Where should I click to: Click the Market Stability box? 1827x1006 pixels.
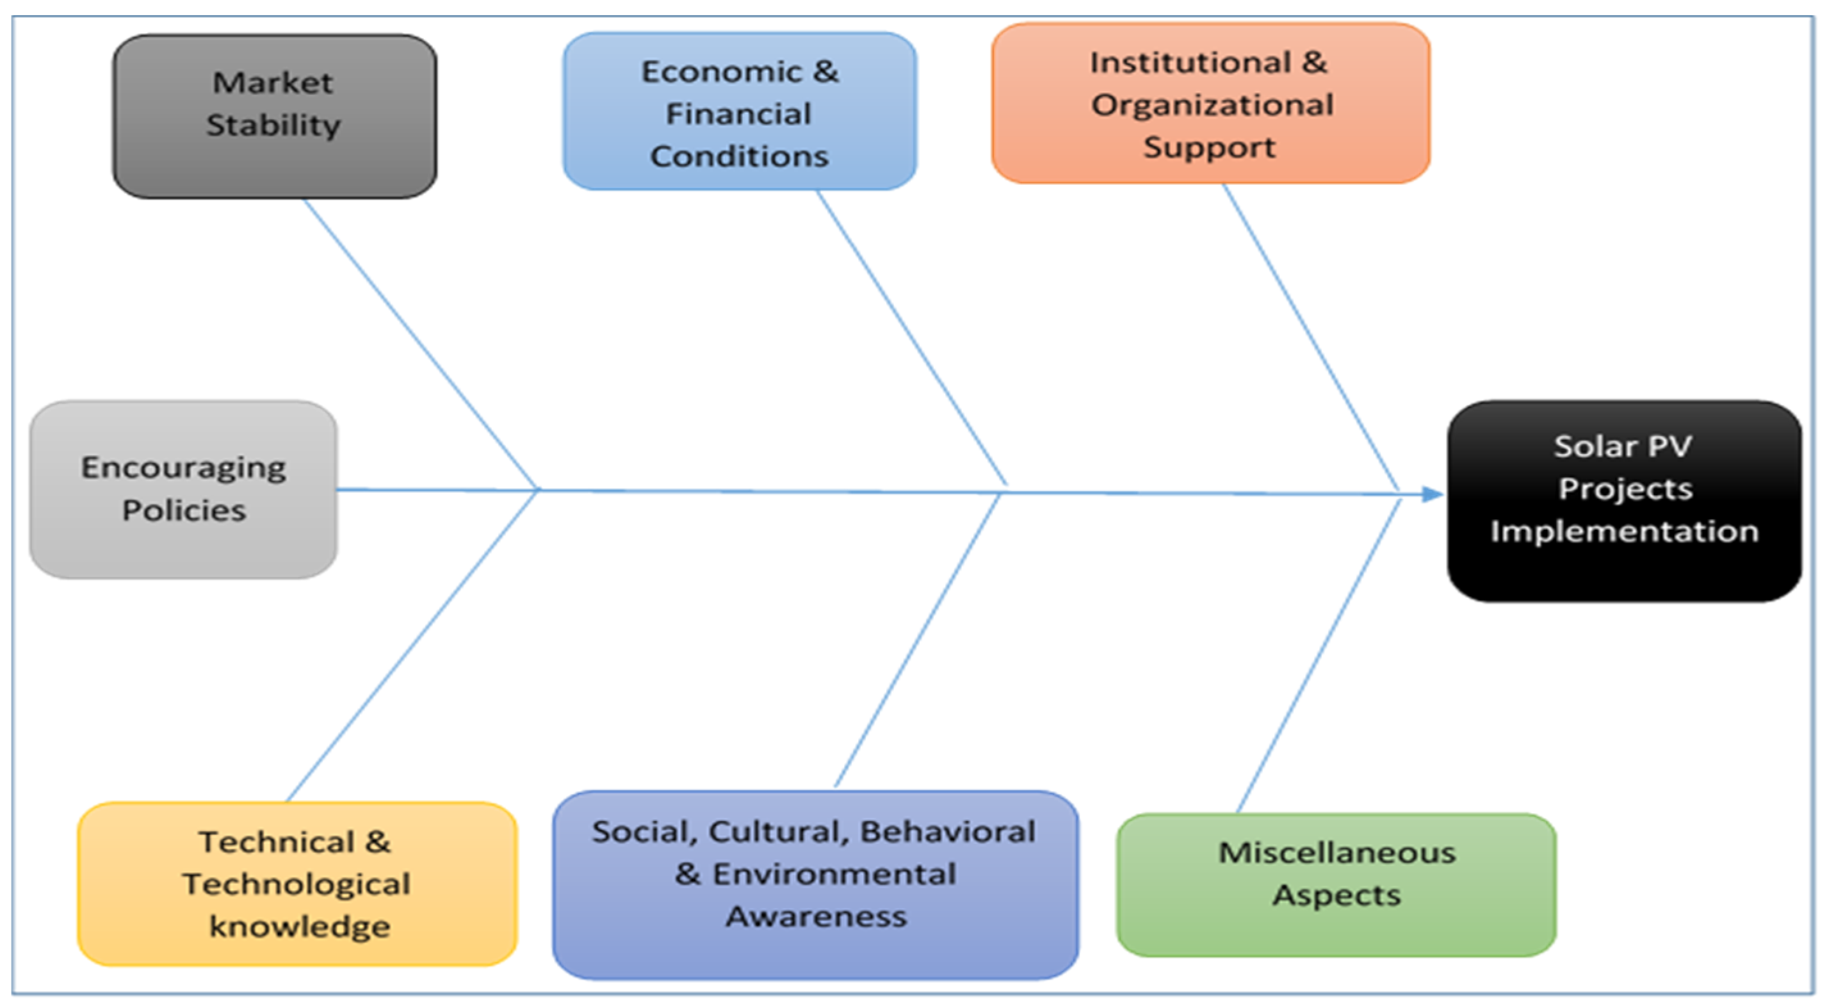pyautogui.click(x=275, y=116)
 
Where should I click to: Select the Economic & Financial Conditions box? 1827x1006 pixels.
pyautogui.click(x=739, y=111)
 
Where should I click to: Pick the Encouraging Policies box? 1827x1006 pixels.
pyautogui.click(x=183, y=489)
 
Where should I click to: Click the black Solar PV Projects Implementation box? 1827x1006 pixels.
pyautogui.click(x=1624, y=500)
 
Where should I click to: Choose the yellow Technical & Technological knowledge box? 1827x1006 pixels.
pyautogui.click(x=297, y=884)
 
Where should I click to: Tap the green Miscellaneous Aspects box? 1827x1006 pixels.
pyautogui.click(x=1336, y=885)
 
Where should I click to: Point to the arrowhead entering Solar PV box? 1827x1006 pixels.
pyautogui.click(x=1433, y=494)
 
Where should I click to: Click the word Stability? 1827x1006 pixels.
pyautogui.click(x=274, y=126)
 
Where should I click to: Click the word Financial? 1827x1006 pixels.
pyautogui.click(x=738, y=113)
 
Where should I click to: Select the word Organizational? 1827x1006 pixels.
pyautogui.click(x=1212, y=105)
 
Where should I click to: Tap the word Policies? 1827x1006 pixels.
pyautogui.click(x=184, y=511)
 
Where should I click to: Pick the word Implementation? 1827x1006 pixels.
pyautogui.click(x=1624, y=531)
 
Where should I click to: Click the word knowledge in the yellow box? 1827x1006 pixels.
pyautogui.click(x=299, y=927)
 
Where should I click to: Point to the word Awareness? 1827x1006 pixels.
pyautogui.click(x=816, y=916)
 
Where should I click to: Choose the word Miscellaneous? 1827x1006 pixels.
pyautogui.click(x=1337, y=853)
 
